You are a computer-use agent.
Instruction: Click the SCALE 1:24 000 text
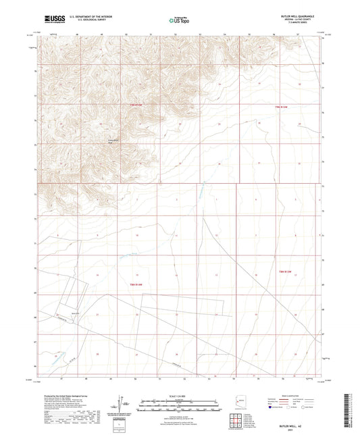[x=180, y=396]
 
